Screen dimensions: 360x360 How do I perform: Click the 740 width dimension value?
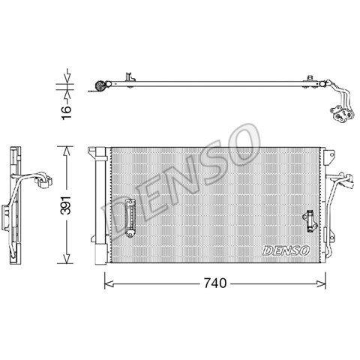click(215, 283)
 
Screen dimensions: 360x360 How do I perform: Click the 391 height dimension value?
click(66, 205)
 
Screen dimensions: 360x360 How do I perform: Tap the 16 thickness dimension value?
click(67, 112)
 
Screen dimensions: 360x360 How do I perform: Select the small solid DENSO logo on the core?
click(286, 250)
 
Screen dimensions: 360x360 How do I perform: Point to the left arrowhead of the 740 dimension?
click(109, 283)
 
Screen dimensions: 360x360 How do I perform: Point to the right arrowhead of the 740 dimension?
click(321, 283)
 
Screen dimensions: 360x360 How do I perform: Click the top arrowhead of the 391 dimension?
click(66, 151)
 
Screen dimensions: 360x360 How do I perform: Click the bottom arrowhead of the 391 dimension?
click(66, 259)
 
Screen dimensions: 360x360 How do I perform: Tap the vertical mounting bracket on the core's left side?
click(130, 218)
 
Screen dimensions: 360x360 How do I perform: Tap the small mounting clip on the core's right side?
click(310, 221)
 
